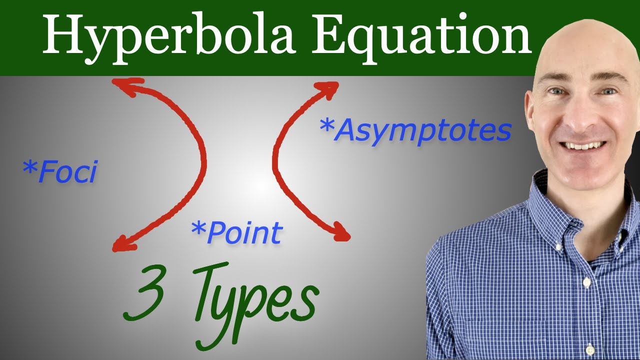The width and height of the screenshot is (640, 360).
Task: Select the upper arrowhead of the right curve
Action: tap(332, 88)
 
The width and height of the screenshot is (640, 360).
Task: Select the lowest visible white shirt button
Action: tap(590, 348)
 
